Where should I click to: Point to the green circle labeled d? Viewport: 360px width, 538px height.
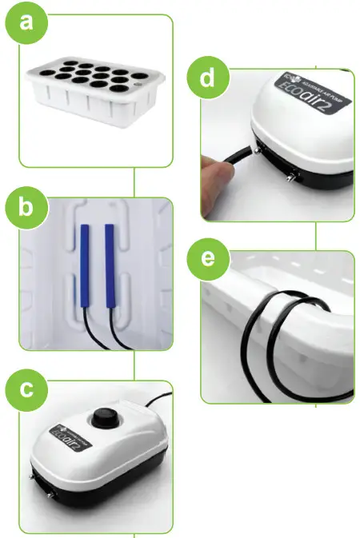206,79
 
